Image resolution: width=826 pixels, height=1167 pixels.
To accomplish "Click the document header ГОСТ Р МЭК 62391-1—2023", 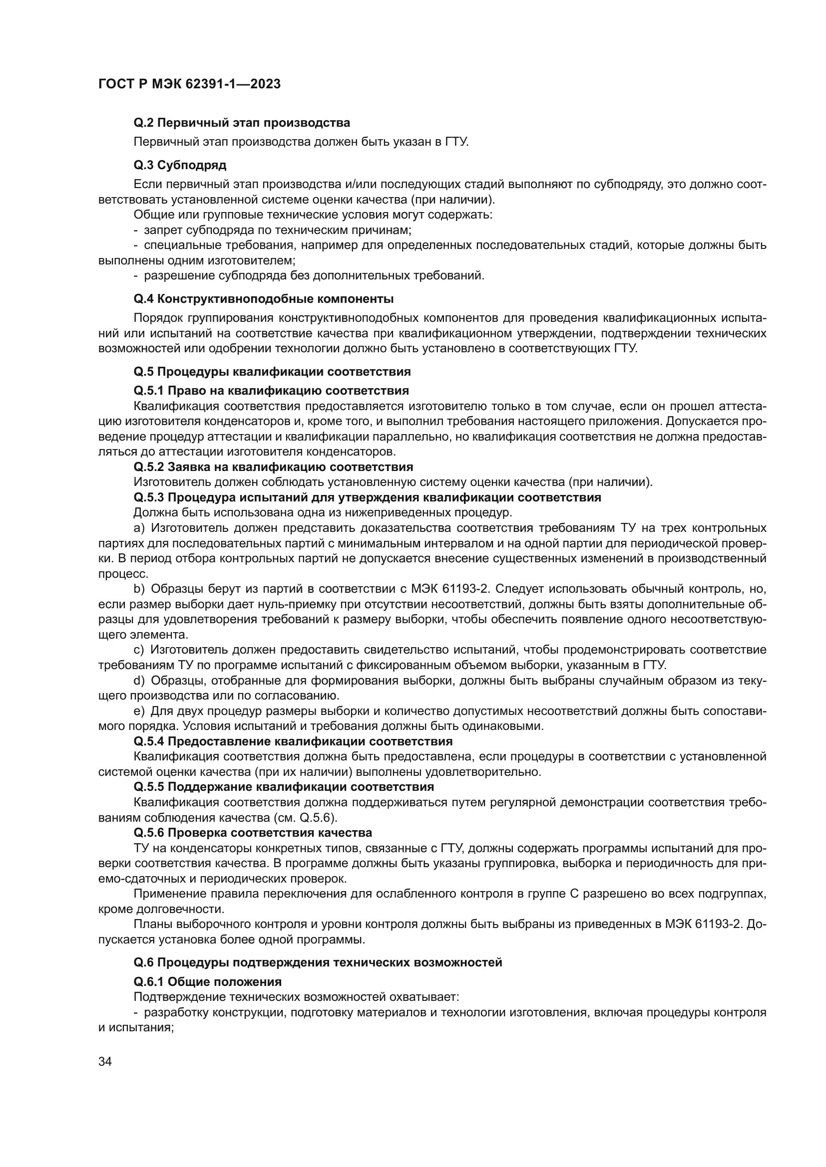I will click(x=189, y=84).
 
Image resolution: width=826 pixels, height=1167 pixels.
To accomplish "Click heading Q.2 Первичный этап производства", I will click(x=242, y=123).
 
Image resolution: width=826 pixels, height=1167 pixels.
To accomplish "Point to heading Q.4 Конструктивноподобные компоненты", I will click(x=264, y=298).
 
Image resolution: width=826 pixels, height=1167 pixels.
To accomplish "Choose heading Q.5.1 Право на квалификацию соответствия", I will click(x=271, y=390).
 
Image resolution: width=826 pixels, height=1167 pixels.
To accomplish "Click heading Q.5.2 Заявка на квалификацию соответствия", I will click(x=273, y=467).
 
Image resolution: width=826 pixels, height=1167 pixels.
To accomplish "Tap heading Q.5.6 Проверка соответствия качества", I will click(x=253, y=833).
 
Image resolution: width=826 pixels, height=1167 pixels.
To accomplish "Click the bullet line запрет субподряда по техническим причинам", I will click(x=277, y=230).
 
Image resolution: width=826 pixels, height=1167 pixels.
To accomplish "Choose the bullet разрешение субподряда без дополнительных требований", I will click(x=314, y=276).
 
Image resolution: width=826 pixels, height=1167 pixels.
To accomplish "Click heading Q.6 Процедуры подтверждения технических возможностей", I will click(x=318, y=962).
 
